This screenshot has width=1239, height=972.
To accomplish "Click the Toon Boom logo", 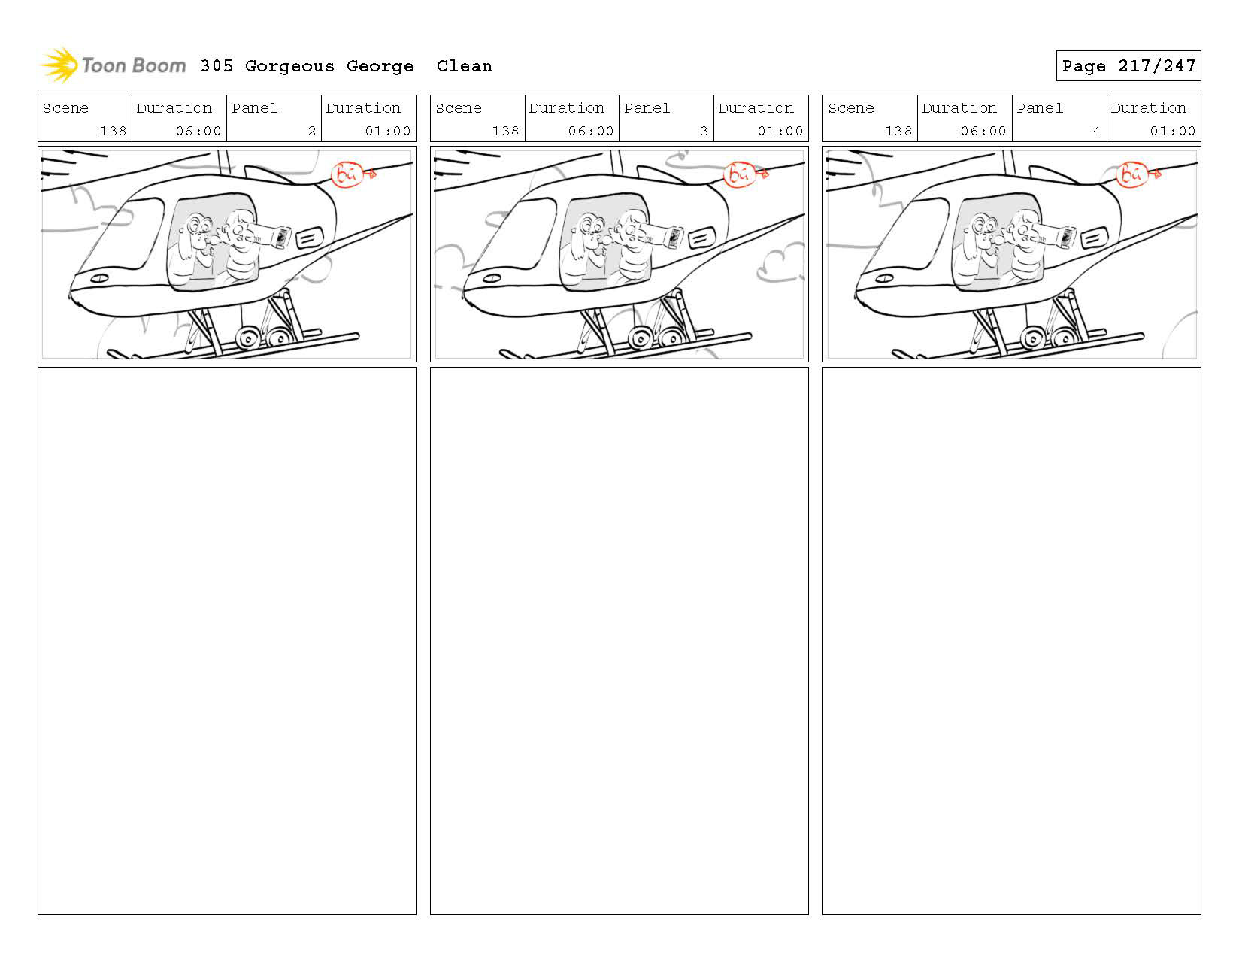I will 113,66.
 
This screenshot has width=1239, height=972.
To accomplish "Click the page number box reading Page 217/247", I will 1128,66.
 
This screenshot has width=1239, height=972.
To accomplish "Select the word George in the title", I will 380,66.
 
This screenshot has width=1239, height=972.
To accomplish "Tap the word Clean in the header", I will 464,66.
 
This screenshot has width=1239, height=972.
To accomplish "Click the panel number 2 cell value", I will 311,131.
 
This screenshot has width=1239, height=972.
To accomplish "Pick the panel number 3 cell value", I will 704,131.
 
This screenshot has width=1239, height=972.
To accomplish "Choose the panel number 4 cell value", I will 1096,131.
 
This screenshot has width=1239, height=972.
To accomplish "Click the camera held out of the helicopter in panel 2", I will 280,236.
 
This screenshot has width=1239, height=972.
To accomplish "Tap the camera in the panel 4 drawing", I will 1065,236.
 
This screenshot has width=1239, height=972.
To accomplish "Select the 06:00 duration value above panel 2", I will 198,131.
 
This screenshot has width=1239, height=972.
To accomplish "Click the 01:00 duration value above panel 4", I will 1172,131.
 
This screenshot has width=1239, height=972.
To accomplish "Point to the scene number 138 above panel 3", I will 505,131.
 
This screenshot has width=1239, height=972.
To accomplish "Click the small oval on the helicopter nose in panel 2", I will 98,278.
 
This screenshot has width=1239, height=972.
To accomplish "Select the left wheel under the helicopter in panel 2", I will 247,340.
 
